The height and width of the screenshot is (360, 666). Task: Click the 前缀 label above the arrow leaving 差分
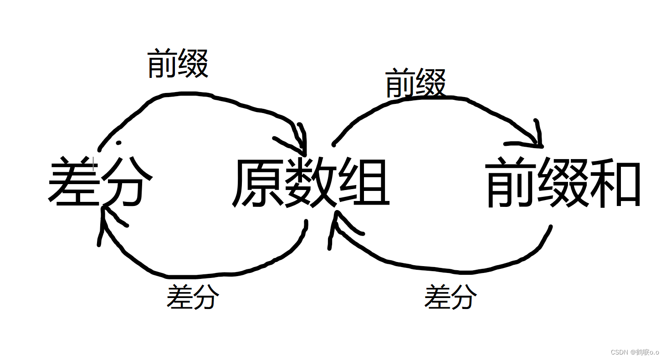click(x=178, y=64)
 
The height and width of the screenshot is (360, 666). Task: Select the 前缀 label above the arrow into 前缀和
click(x=415, y=83)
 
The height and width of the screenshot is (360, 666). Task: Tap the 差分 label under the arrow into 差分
click(x=193, y=297)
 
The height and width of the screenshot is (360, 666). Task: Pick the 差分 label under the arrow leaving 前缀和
click(x=451, y=297)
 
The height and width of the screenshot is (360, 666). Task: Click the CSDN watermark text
click(x=619, y=352)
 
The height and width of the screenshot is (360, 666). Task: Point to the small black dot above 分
click(x=119, y=143)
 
